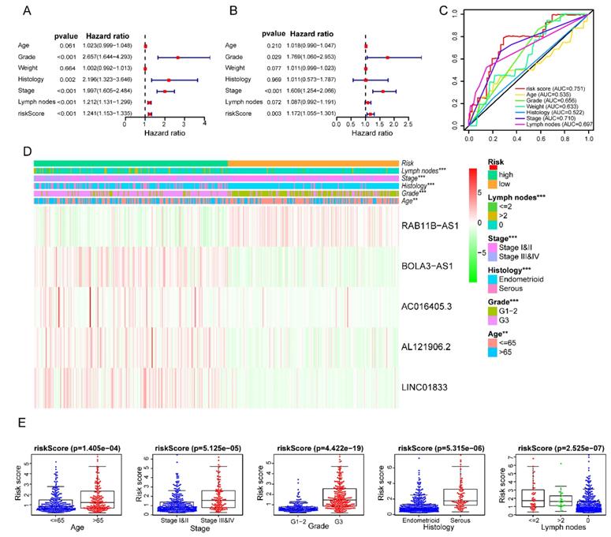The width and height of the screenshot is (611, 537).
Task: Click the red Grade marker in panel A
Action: click(x=178, y=58)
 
